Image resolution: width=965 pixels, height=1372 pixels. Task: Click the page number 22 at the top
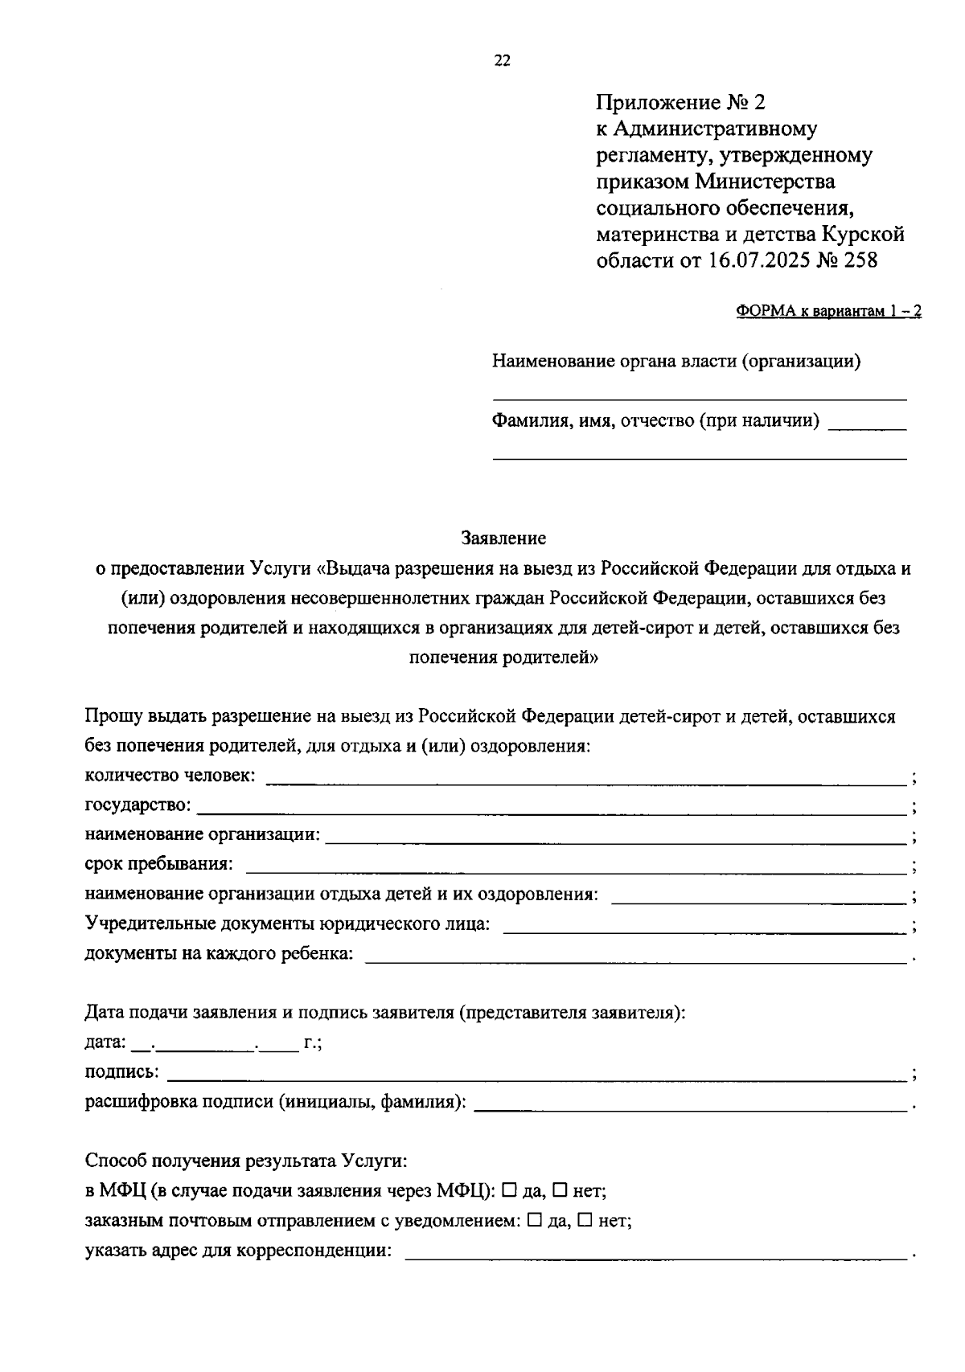[x=502, y=62]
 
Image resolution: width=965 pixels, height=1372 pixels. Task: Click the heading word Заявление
[x=503, y=538]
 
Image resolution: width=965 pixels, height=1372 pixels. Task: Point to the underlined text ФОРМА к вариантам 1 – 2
[x=828, y=313]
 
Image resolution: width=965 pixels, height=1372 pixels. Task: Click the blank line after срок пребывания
[x=576, y=870]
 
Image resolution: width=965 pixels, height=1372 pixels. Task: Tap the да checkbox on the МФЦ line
[x=509, y=1190]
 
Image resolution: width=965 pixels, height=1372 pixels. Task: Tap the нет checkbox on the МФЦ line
[x=561, y=1190]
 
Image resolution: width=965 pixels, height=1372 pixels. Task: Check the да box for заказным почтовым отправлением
[x=534, y=1220]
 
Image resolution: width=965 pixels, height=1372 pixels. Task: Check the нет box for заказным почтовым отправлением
[x=585, y=1220]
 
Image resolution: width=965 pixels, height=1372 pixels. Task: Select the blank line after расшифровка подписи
[x=691, y=1108]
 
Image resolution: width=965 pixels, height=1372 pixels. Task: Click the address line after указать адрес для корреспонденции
[x=655, y=1257]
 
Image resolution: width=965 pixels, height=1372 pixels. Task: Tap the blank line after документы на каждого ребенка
[x=635, y=960]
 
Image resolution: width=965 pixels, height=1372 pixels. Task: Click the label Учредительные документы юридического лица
[x=287, y=924]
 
